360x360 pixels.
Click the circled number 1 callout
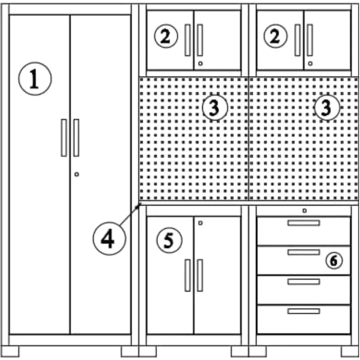[x=35, y=78]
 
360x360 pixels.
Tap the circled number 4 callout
[x=109, y=238]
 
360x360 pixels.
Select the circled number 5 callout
[x=169, y=240]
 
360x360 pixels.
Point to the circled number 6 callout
[x=334, y=260]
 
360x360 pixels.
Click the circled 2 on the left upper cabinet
[x=166, y=36]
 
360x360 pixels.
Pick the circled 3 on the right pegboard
[x=327, y=108]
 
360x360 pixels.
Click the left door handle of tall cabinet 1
[x=64, y=138]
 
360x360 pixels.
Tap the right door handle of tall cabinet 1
[x=76, y=138]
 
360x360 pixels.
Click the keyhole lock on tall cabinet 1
[x=77, y=174]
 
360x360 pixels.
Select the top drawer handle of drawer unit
[x=304, y=223]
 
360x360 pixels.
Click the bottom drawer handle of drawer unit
[x=304, y=311]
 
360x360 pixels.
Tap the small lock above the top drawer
[x=304, y=211]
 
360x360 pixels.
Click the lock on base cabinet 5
[x=200, y=223]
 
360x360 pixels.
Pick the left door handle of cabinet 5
[x=188, y=276]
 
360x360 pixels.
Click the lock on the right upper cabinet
[x=310, y=63]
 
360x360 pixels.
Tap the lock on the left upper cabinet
[x=200, y=63]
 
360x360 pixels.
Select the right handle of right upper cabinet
[x=310, y=40]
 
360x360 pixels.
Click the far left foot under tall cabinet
[x=10, y=351]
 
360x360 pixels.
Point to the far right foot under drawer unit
[x=350, y=351]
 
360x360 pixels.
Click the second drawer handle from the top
[x=304, y=252]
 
